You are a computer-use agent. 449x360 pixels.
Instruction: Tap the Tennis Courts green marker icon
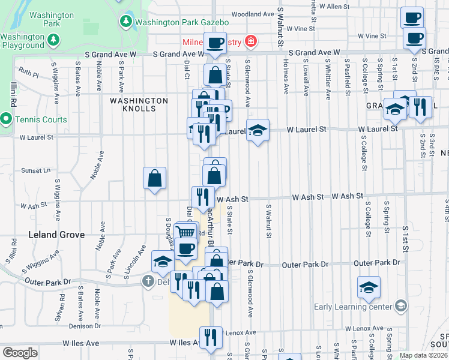tap(6, 119)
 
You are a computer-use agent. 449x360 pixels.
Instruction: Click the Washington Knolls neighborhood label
tap(138, 104)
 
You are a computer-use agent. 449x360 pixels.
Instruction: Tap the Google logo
tap(20, 353)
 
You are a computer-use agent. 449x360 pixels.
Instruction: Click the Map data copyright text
tap(424, 355)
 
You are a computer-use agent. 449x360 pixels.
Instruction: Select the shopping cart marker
tap(186, 232)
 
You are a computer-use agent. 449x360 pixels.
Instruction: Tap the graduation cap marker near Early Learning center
tap(369, 287)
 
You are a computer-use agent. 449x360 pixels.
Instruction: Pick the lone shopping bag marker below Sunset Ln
tap(154, 178)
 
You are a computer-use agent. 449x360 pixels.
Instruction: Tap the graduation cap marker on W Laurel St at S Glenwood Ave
tap(258, 130)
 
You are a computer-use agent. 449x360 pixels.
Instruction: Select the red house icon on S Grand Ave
tap(250, 42)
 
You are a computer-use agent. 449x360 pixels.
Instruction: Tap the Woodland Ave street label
tap(252, 14)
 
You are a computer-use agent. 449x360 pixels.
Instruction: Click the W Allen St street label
tap(334, 6)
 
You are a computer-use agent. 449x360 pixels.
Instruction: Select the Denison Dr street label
tap(83, 325)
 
